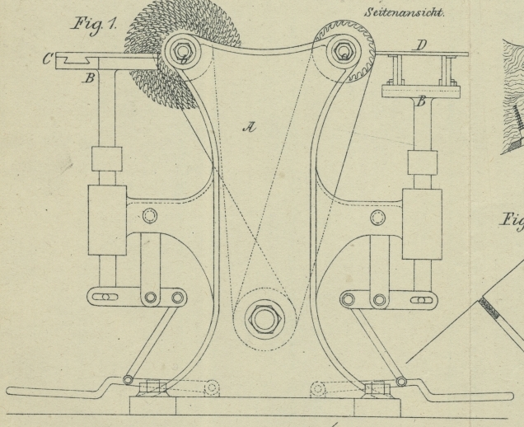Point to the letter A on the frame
248,126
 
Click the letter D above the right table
419,45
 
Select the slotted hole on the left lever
105,297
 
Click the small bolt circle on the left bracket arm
149,216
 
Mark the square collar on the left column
107,158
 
